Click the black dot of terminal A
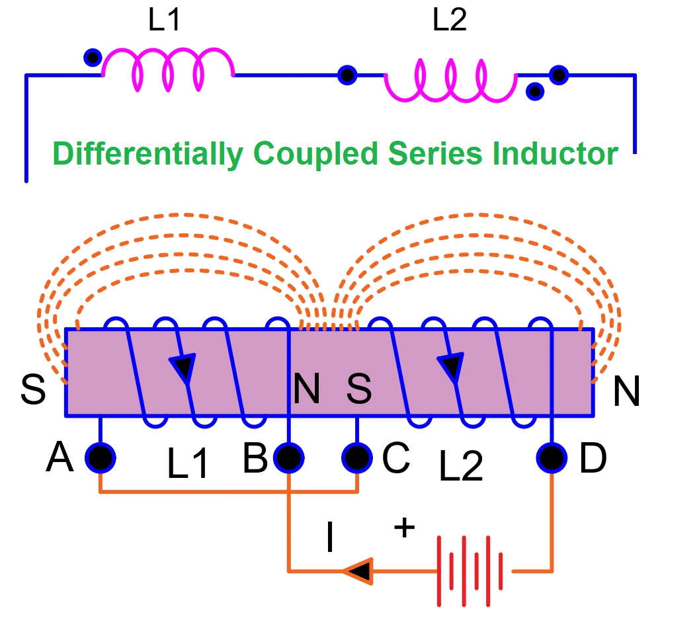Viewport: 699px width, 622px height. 100,457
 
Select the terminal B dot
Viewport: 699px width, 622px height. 289,457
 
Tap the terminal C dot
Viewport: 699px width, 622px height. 357,457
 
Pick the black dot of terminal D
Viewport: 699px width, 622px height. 552,457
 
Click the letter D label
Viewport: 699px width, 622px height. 593,458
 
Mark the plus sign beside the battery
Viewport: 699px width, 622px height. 404,527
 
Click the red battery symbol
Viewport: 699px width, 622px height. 472,570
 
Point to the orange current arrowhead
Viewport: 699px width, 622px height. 357,570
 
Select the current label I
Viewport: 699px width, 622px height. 329,539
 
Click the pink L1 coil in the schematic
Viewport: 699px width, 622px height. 168,69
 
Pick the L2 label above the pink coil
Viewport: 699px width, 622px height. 449,21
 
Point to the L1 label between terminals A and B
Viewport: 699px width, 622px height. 188,464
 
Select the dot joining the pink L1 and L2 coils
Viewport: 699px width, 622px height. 347,75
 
